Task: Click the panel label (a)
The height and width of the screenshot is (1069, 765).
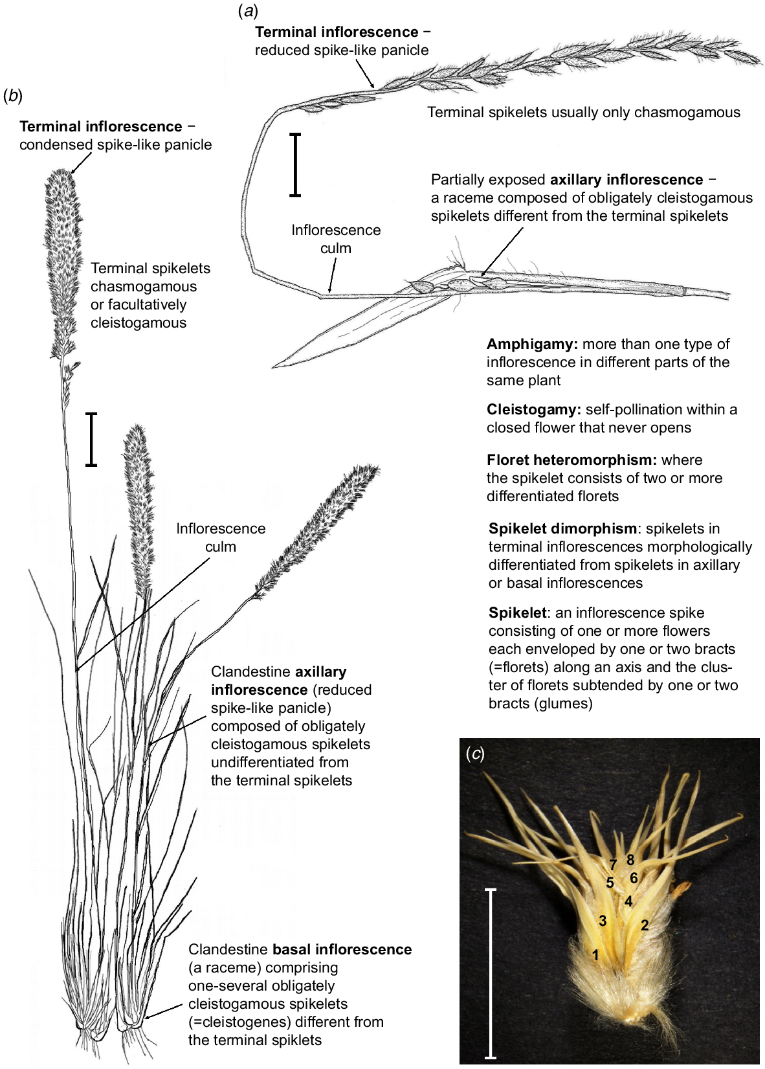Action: [247, 11]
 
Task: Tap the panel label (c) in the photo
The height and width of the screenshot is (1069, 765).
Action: [476, 754]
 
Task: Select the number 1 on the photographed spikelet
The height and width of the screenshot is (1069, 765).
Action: [595, 954]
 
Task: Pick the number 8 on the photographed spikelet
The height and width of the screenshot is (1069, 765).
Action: [630, 859]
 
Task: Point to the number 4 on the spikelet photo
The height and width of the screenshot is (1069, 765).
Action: [628, 901]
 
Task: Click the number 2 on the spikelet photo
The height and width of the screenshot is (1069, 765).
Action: [645, 925]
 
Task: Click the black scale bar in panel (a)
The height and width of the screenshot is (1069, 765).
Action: [296, 164]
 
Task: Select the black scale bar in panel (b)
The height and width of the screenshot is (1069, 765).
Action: [91, 439]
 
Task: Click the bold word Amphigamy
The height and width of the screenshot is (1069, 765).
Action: [532, 344]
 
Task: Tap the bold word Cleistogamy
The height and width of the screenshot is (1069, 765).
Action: [534, 409]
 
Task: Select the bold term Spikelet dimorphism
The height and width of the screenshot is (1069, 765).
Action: [563, 529]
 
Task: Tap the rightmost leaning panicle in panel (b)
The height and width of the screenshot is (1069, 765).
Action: [317, 529]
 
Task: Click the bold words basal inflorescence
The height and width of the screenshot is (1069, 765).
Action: [342, 949]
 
